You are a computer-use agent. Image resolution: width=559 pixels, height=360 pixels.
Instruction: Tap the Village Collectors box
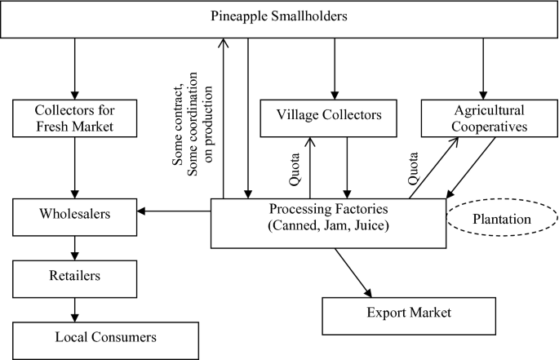point(333,118)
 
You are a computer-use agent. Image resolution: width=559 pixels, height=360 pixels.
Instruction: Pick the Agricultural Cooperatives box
point(483,118)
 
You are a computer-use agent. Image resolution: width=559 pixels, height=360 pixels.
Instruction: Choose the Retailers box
point(74,276)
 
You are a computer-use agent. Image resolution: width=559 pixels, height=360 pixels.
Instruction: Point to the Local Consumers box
point(105,336)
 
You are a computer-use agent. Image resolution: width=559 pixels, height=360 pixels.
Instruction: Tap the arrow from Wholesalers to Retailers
point(74,247)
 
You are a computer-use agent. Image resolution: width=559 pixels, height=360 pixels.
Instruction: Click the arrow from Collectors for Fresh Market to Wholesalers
point(74,167)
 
